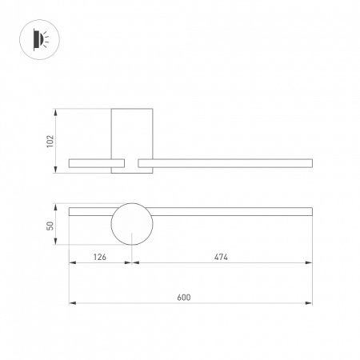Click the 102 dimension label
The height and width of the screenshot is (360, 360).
click(50, 141)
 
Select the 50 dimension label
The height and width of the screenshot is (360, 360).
click(50, 226)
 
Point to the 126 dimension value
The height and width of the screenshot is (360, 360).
click(100, 258)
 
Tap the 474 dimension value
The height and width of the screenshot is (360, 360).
click(222, 258)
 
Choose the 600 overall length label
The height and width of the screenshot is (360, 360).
click(183, 297)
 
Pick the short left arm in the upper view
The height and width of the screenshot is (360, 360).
click(90, 163)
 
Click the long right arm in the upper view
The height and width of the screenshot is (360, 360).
click(225, 163)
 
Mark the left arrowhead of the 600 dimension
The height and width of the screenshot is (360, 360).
click(71, 303)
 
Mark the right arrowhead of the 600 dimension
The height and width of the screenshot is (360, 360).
click(310, 303)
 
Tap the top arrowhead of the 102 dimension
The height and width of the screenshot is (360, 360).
click(55, 110)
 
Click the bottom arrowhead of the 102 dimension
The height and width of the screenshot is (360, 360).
click(55, 171)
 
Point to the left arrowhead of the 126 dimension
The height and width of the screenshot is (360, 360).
click(71, 264)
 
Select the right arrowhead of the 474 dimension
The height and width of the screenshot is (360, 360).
click(310, 264)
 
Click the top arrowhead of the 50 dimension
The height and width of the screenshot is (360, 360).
click(55, 206)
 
